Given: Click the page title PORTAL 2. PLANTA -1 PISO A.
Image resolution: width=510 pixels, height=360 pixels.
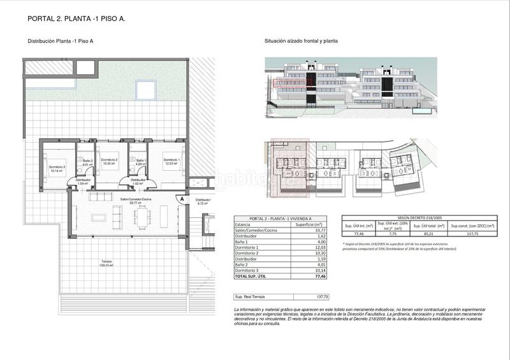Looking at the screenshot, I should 76,18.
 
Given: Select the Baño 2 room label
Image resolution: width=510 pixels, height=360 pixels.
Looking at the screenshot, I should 87,162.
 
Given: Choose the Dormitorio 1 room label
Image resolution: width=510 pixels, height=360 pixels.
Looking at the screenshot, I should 171,162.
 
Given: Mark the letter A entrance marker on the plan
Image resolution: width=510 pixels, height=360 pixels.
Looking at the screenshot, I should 182,199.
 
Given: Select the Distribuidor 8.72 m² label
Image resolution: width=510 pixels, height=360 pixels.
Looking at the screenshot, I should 203,201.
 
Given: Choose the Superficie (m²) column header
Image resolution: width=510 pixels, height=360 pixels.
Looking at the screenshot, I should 307,225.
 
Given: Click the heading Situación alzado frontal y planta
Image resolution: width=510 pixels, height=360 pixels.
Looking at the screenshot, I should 301,41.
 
